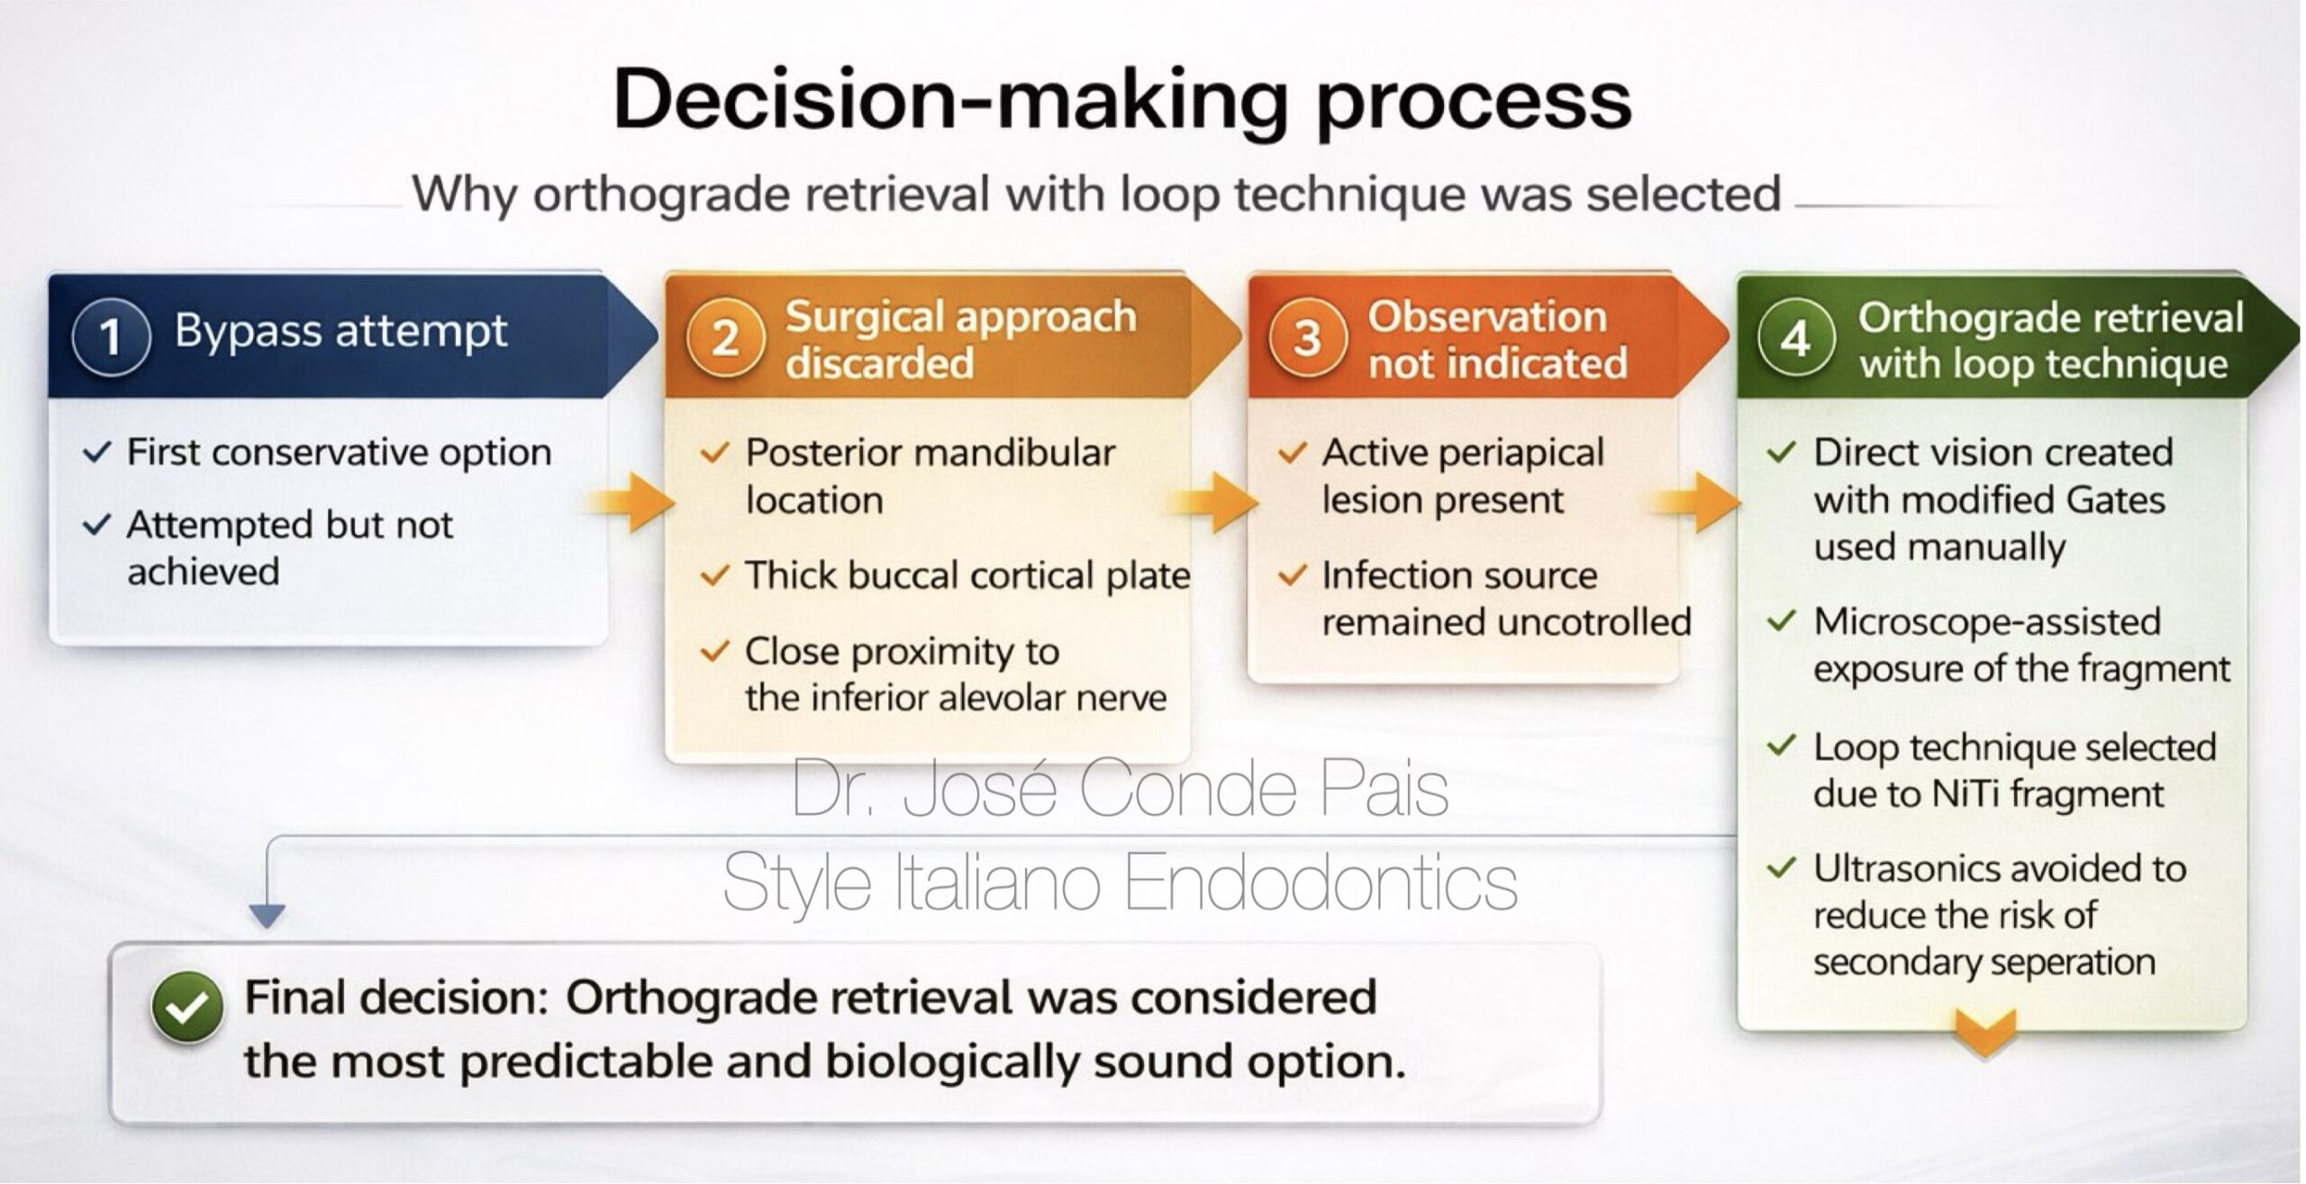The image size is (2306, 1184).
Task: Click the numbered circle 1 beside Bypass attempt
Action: pyautogui.click(x=110, y=337)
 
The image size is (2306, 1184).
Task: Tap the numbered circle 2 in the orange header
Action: pyautogui.click(x=725, y=339)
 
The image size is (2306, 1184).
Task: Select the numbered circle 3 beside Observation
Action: pyautogui.click(x=1307, y=339)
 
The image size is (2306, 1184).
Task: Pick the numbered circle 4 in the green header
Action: pyautogui.click(x=1795, y=339)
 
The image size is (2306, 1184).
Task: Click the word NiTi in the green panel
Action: pyautogui.click(x=1967, y=794)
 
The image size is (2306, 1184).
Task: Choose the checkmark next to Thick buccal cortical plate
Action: pyautogui.click(x=714, y=575)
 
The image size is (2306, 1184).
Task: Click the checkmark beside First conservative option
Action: pyautogui.click(x=96, y=452)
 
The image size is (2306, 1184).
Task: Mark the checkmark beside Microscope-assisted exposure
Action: pyautogui.click(x=1782, y=621)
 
